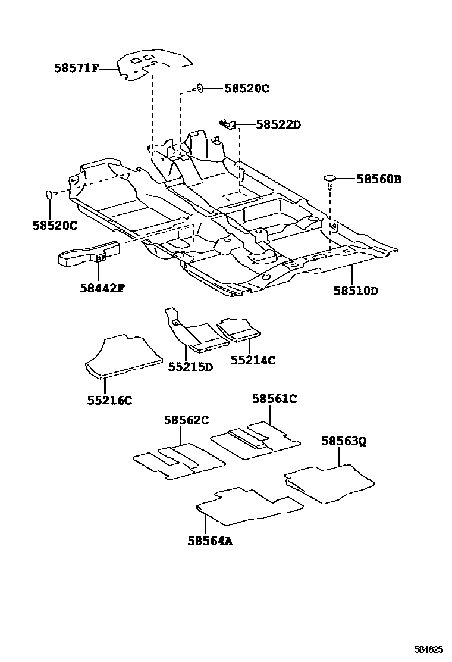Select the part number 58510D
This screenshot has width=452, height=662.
(356, 291)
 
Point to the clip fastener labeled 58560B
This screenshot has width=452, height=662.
(330, 179)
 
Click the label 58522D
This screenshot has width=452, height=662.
(278, 124)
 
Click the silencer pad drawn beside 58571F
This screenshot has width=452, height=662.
(155, 64)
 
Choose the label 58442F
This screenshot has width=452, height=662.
(102, 288)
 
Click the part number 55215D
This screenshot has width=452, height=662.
(190, 367)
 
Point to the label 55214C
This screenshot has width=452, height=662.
(253, 360)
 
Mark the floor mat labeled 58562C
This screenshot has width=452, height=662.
(178, 461)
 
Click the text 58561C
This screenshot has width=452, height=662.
(274, 399)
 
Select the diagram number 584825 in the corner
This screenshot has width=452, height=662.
(428, 648)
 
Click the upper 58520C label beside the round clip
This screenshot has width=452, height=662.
(247, 89)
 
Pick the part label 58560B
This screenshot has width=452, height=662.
(379, 179)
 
